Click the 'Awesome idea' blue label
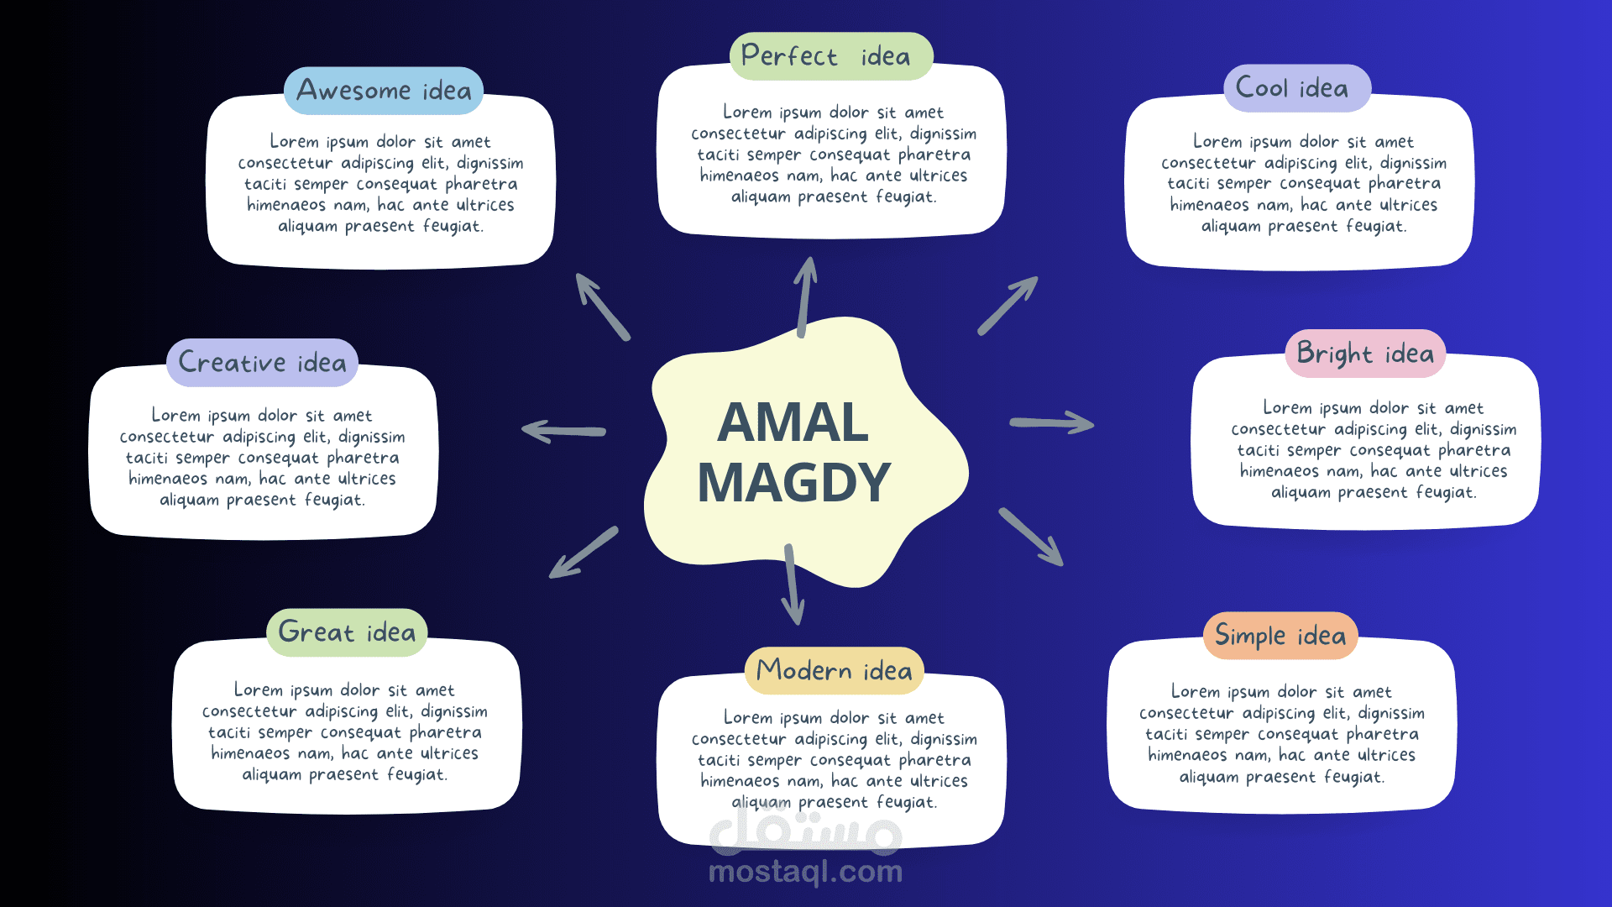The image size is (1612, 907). (x=384, y=91)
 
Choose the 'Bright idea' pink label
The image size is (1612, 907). (x=1365, y=354)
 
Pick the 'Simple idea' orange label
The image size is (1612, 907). (x=1280, y=636)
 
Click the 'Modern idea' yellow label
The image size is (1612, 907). (x=834, y=670)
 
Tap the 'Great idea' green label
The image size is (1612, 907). (x=347, y=632)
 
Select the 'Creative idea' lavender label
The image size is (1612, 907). (x=262, y=363)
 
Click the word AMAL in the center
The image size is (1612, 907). (x=793, y=422)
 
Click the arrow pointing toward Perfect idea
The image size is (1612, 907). (x=805, y=297)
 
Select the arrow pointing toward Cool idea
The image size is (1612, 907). (x=1007, y=306)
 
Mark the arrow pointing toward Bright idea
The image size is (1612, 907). (x=1051, y=422)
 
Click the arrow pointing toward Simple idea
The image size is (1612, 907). (x=1031, y=537)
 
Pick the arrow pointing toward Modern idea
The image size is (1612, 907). (x=792, y=585)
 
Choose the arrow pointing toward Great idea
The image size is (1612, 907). (x=584, y=553)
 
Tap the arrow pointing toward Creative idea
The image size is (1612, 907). (x=563, y=431)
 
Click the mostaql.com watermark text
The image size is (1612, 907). (x=805, y=872)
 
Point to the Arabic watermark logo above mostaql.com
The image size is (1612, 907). (x=805, y=831)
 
